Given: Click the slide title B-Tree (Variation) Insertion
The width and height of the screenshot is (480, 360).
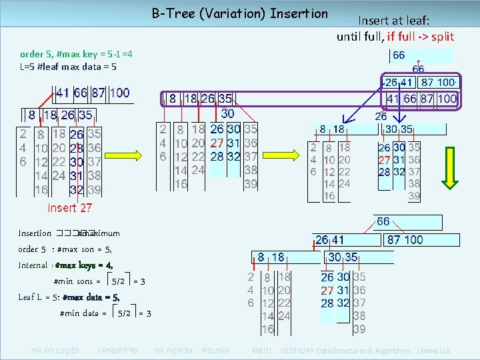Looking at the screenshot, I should (240, 13).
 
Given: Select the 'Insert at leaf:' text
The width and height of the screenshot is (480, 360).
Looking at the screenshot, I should (395, 21).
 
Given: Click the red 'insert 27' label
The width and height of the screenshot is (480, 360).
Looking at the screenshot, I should (70, 208).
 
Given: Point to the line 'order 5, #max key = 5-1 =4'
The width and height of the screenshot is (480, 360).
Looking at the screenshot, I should (76, 54).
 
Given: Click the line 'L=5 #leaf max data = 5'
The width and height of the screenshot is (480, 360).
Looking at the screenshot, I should (68, 67).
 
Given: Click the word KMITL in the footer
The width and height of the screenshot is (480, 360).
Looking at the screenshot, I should (263, 351).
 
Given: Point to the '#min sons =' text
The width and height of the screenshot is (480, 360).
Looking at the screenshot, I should (77, 281).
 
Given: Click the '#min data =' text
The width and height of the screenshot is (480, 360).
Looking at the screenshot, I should (83, 313).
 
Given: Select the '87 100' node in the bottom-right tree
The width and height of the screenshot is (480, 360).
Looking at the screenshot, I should (405, 239).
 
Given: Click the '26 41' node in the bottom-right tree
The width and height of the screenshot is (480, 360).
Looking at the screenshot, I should (329, 239).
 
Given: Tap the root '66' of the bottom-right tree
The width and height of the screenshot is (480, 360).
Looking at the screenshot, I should (384, 221).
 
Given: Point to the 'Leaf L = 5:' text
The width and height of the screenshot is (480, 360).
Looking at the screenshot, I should (39, 297).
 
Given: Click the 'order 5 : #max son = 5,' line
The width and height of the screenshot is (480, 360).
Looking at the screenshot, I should (65, 249).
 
